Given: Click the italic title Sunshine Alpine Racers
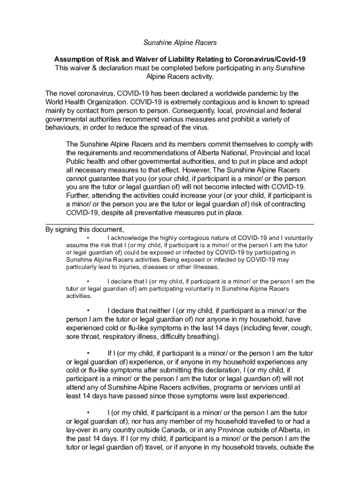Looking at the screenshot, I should [180, 43].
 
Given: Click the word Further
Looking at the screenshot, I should [79, 196].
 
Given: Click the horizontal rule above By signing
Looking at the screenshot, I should [180, 225].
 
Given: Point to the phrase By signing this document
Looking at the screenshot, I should [85, 230].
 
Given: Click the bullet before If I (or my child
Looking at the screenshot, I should [88, 353].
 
